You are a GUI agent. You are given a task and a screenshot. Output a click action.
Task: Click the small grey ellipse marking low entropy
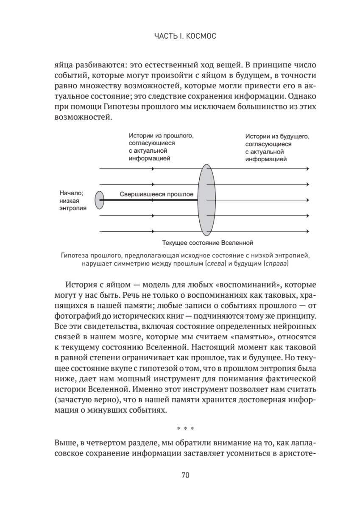coord(99,200)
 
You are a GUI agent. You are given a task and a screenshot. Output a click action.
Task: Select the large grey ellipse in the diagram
coord(206,200)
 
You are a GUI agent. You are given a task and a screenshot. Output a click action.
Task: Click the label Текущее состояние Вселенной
coord(207,243)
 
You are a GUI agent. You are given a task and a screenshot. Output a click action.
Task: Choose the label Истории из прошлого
coord(160,147)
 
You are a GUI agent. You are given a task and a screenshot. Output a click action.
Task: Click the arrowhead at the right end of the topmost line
coord(307,169)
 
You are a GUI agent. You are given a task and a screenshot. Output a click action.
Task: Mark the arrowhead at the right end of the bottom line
coord(307,232)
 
